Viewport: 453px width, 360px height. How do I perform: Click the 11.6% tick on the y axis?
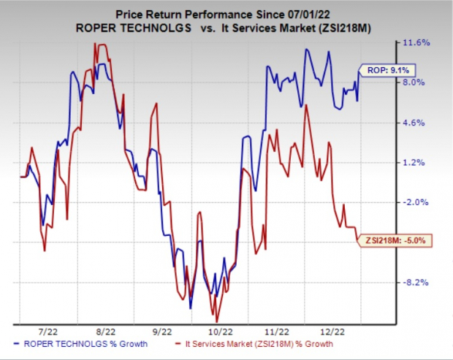(x=416, y=43)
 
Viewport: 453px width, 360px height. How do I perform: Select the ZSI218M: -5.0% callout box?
(x=389, y=240)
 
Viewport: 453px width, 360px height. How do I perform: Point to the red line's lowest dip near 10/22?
(x=216, y=321)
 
